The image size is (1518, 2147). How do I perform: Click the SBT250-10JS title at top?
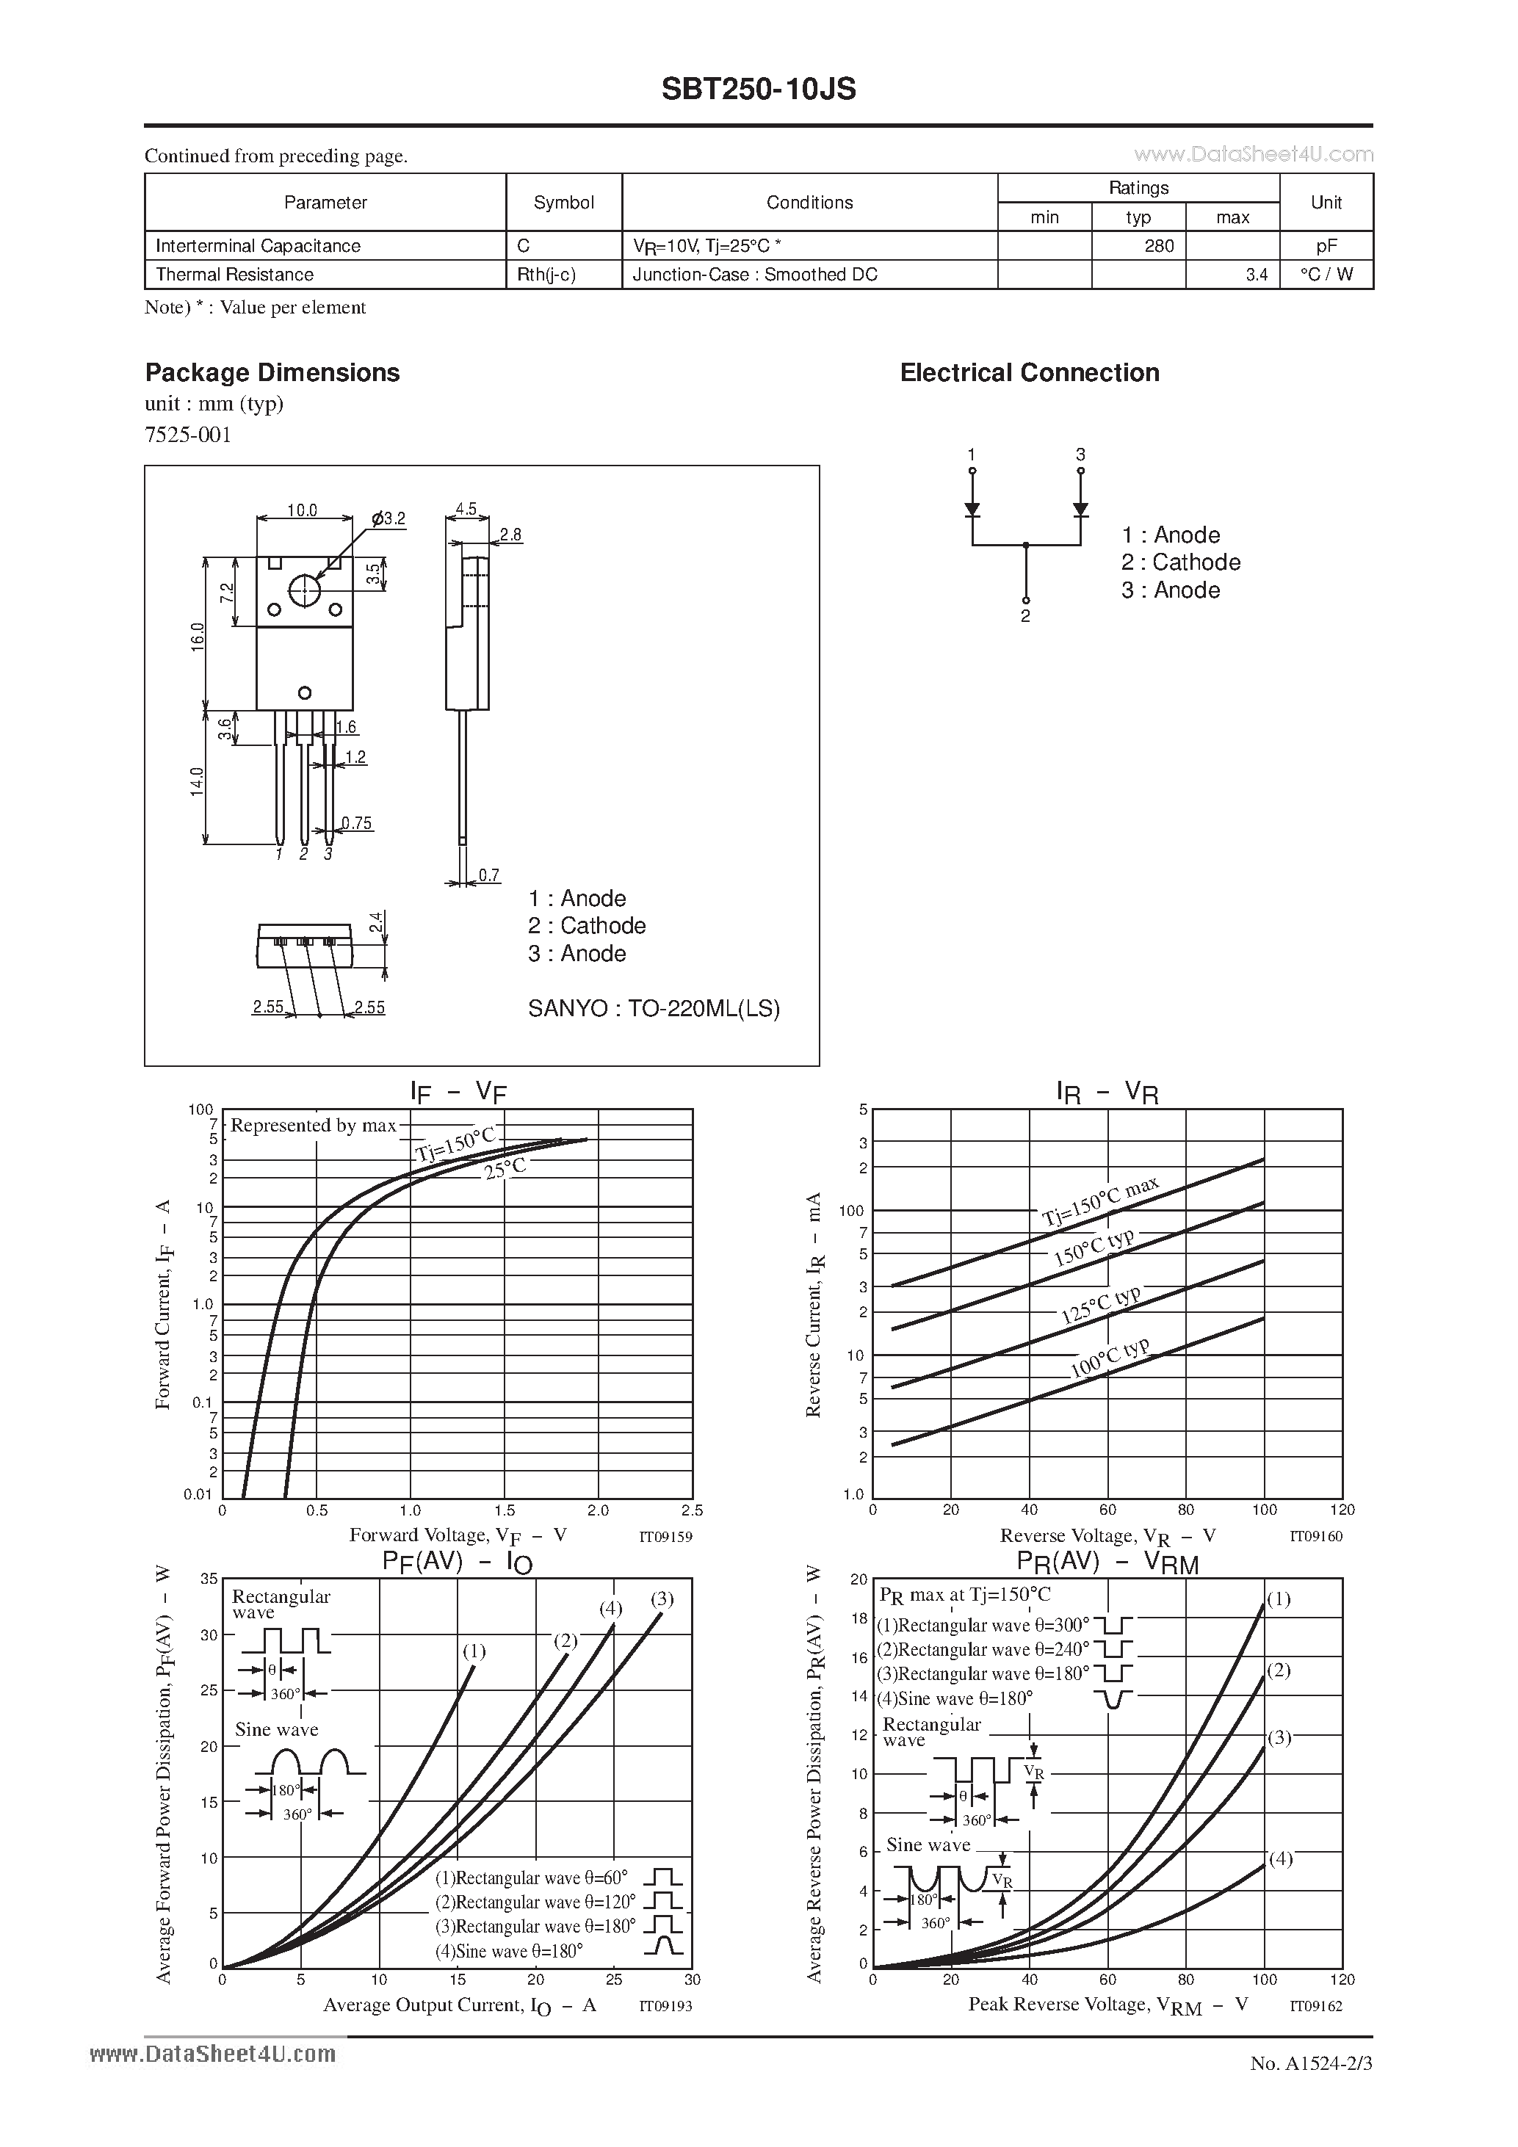click(x=759, y=89)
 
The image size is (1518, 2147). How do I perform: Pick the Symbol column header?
click(x=563, y=203)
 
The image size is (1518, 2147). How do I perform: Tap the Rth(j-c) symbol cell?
click(x=546, y=275)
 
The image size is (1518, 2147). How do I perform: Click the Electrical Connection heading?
click(x=1029, y=373)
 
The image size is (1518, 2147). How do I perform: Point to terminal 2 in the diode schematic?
click(x=1025, y=616)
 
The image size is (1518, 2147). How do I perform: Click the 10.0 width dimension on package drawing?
click(x=302, y=510)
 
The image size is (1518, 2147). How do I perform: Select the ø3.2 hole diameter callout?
click(x=389, y=519)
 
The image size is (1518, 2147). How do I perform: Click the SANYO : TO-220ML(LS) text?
click(x=654, y=1009)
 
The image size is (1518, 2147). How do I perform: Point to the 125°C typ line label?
click(x=1100, y=1305)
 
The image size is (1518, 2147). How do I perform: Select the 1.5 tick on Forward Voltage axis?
click(x=504, y=1510)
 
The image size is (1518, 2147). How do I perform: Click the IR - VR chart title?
click(x=1107, y=1092)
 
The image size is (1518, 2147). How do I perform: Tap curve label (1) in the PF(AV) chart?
click(x=474, y=1651)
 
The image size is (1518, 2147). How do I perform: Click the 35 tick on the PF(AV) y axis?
click(x=209, y=1579)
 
